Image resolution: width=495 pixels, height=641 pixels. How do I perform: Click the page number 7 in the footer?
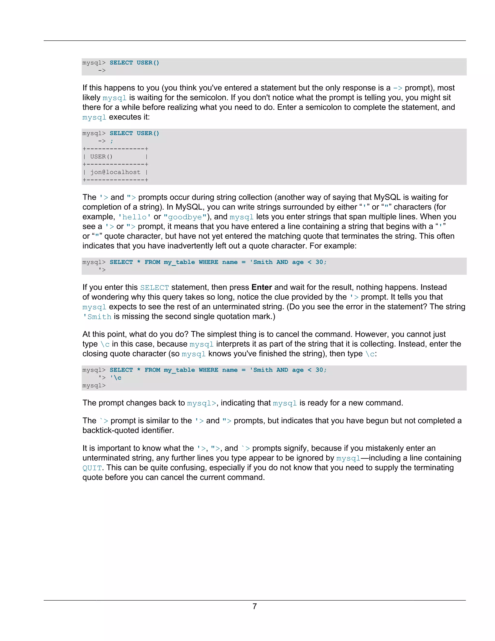click(255, 606)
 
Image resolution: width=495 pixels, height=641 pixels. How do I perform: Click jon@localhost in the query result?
click(115, 172)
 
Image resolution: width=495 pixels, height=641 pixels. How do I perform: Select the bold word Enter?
click(262, 287)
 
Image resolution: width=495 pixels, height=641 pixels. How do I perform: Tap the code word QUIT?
click(92, 468)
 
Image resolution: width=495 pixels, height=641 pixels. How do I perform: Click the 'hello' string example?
click(134, 217)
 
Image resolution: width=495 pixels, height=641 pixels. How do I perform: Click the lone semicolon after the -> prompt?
click(112, 141)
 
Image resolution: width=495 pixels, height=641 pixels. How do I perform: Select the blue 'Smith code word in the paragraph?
click(97, 317)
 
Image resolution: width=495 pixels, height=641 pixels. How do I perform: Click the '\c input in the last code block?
click(116, 378)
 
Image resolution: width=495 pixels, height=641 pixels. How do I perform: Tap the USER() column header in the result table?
click(101, 157)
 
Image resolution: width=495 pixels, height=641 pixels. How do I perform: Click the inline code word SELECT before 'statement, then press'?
click(154, 287)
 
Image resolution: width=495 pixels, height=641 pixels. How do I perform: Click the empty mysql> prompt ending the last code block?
click(94, 386)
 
